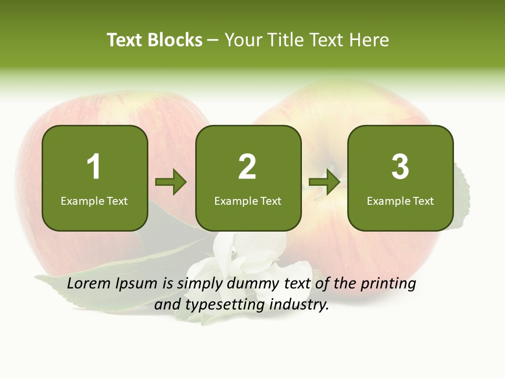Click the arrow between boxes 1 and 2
point(171,182)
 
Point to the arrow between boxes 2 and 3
point(324,182)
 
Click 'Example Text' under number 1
point(94,201)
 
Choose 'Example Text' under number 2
point(248,201)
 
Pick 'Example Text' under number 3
point(400,201)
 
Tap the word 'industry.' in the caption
point(299,304)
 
